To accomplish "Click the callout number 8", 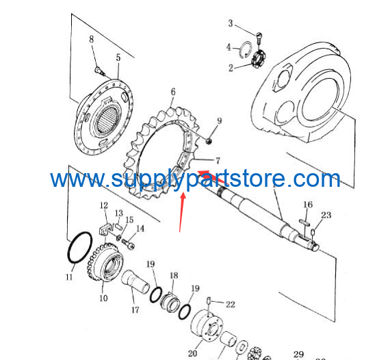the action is tap(92, 39).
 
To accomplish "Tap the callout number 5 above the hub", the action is tap(118, 57).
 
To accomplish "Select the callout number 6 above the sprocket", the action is tap(173, 92).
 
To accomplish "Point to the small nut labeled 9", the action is tap(209, 142).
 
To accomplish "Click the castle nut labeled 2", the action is tap(258, 60).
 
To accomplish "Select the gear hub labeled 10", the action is tap(105, 263).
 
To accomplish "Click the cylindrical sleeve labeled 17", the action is tap(135, 280).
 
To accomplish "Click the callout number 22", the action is tap(231, 305).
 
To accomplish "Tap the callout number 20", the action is tap(192, 353).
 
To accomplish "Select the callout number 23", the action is tap(326, 215).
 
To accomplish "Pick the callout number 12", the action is tap(104, 205).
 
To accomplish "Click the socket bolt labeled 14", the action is tap(129, 244).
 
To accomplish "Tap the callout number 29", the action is tap(298, 354).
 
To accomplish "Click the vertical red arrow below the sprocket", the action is tap(181, 211).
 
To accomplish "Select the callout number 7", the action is tap(218, 161).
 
